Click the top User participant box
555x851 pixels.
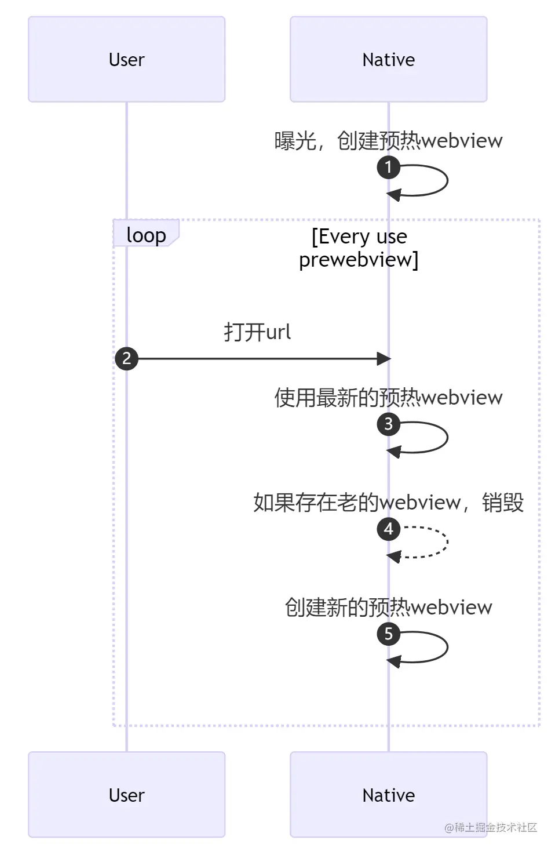[x=126, y=59]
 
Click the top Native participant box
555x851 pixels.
[x=388, y=59]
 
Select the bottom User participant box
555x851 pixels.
[x=126, y=795]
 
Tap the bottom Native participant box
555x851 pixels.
[x=388, y=795]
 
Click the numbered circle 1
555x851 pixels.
[x=388, y=168]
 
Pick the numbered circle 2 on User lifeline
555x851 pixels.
[x=126, y=358]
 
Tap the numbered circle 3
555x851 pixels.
[x=388, y=424]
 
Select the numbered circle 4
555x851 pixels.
[x=388, y=529]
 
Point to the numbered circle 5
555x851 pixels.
[x=388, y=634]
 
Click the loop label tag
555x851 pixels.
[x=146, y=235]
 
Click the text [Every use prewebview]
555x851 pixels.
[x=359, y=248]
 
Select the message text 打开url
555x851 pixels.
[x=257, y=332]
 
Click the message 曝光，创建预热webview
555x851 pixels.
[x=388, y=140]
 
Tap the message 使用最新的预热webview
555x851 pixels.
[x=388, y=397]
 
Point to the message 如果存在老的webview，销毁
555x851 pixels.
[x=388, y=502]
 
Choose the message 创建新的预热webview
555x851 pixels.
[x=388, y=607]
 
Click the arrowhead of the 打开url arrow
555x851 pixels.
[x=384, y=359]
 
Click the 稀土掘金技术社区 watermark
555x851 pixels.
[x=491, y=827]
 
